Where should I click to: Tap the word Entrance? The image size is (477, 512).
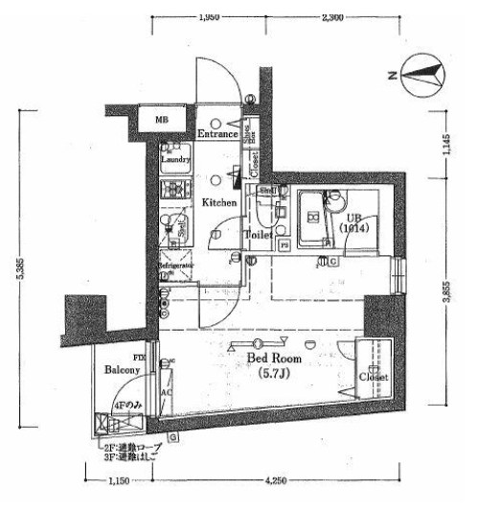click(217, 134)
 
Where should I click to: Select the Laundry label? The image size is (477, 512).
click(175, 160)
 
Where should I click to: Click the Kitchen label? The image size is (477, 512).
click(219, 202)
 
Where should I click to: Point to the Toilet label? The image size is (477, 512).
click(260, 234)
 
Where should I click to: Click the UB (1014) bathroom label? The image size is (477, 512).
click(353, 224)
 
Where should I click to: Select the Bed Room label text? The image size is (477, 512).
click(275, 358)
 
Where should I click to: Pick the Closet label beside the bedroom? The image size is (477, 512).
click(375, 378)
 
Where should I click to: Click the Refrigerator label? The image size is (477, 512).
click(176, 265)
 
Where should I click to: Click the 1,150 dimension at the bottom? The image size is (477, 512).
click(119, 480)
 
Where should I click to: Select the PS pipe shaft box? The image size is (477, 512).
click(284, 244)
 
